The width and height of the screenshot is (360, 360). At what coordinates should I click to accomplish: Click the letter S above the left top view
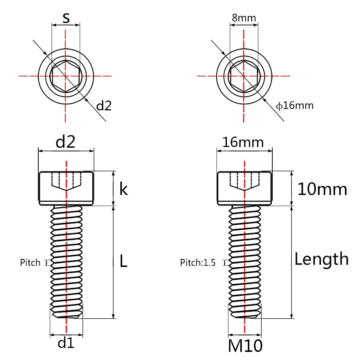pyautogui.click(x=66, y=18)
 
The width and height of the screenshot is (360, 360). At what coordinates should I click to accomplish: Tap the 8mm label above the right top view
pyautogui.click(x=244, y=18)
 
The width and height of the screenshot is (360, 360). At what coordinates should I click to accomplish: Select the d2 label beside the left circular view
pyautogui.click(x=104, y=106)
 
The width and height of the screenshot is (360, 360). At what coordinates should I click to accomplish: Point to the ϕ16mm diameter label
pyautogui.click(x=295, y=106)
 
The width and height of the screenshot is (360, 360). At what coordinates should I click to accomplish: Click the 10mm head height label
pyautogui.click(x=322, y=189)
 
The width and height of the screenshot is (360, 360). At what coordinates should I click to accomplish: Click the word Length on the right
pyautogui.click(x=321, y=259)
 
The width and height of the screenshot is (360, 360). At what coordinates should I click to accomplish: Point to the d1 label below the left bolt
pyautogui.click(x=66, y=342)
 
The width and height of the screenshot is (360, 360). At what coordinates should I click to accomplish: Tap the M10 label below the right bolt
pyautogui.click(x=245, y=346)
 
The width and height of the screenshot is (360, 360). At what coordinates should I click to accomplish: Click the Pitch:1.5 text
pyautogui.click(x=198, y=262)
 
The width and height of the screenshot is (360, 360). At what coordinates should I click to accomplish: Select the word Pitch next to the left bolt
pyautogui.click(x=30, y=262)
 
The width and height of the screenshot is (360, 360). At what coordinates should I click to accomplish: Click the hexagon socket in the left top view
pyautogui.click(x=66, y=76)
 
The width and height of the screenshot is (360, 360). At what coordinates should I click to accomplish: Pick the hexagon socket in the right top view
pyautogui.click(x=244, y=76)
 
